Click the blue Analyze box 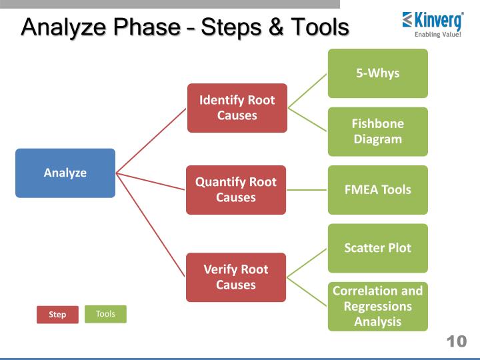(x=65, y=173)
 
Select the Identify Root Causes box (x=237, y=108)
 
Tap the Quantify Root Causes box (x=236, y=190)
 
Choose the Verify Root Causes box (x=236, y=277)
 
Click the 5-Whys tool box (x=377, y=73)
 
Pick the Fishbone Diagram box (x=377, y=131)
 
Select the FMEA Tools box (x=377, y=190)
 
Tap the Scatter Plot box (x=377, y=248)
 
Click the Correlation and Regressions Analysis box (x=377, y=307)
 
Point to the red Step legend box (x=57, y=315)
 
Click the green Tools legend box (x=105, y=314)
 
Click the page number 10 (x=456, y=342)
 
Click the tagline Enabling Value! (x=438, y=35)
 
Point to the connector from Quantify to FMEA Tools (x=307, y=190)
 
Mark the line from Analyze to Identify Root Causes (x=152, y=139)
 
